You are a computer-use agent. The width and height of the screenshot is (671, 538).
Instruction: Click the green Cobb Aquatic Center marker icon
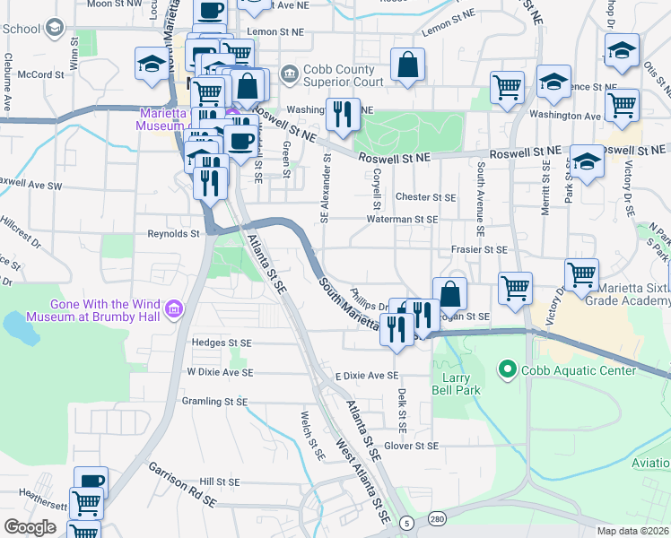[507, 369]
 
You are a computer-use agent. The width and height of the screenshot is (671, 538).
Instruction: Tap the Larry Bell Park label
[455, 384]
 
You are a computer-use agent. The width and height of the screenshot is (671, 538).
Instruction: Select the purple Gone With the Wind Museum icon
[174, 310]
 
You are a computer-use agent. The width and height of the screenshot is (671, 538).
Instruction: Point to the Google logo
[30, 527]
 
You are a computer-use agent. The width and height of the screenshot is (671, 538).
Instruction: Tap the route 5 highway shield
[407, 522]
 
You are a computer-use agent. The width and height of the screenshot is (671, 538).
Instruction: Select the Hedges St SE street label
[222, 342]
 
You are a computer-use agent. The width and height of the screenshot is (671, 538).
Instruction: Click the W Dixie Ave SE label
[220, 372]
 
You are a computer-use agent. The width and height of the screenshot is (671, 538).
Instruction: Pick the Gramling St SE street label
[213, 402]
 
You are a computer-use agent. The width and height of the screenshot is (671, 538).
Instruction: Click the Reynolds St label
[173, 234]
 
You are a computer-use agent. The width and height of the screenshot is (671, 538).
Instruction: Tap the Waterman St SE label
[402, 219]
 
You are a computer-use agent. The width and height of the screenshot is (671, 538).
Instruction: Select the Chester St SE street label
[426, 197]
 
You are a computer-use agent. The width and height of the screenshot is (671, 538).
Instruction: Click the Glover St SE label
[411, 446]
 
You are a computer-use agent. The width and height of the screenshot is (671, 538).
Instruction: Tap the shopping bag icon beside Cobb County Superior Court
[407, 65]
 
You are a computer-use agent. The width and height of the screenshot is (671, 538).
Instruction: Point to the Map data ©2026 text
[633, 531]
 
